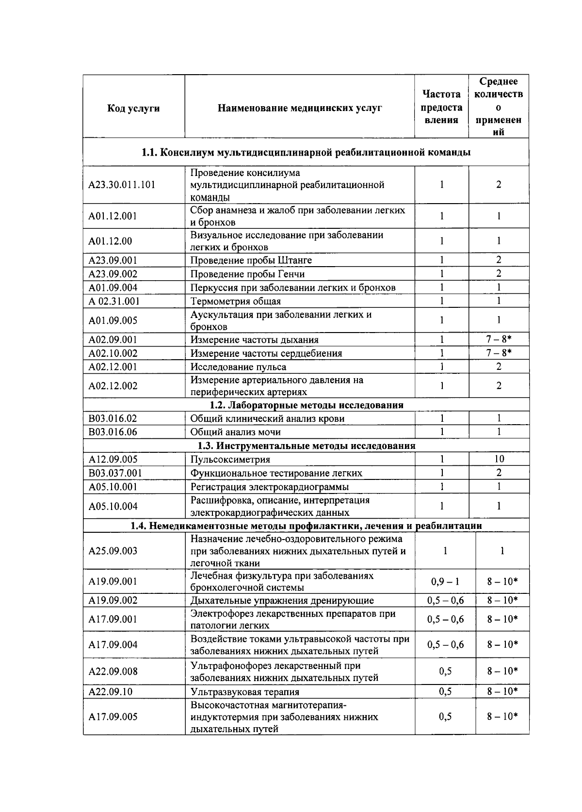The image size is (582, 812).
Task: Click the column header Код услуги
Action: pos(133,108)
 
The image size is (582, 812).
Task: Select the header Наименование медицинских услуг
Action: pos(299,108)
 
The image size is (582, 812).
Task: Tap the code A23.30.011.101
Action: pos(122,185)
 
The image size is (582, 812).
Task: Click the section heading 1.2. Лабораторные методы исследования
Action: pos(306,405)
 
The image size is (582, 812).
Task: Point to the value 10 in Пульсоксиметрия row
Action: pos(499,459)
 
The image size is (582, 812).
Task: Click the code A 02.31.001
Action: pos(114,301)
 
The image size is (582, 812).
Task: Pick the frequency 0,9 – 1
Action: pos(445,581)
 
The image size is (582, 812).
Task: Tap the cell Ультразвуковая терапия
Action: pos(244,692)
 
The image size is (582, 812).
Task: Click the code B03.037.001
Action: pos(115,473)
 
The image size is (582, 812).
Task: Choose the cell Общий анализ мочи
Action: pos(235,432)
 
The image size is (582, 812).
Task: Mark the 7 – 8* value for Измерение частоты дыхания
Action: pos(499,339)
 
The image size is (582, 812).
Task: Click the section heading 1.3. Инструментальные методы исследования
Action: pos(306,446)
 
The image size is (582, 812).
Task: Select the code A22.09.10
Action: pos(110,692)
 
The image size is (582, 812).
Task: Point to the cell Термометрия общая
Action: pos(235,301)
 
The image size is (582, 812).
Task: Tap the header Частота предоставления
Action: pos(441,107)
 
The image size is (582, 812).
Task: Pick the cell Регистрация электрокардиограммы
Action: pos(269,487)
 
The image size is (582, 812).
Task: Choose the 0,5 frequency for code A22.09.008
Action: pos(445,671)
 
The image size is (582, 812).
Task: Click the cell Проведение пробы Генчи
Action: pos(247,274)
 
